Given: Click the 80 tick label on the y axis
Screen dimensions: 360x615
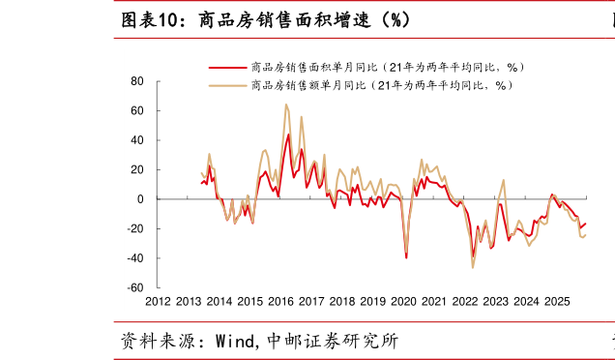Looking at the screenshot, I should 137,81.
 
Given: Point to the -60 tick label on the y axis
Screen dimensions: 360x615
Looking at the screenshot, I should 134,288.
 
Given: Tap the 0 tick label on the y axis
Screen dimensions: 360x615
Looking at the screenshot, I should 141,199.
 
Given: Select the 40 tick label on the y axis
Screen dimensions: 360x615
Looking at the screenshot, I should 137,140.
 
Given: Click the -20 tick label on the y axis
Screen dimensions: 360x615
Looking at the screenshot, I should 134,229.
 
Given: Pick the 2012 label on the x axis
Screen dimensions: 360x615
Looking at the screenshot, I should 158,302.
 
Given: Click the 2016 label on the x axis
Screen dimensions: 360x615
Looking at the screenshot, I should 280,302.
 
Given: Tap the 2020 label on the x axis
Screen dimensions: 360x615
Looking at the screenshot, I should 403,302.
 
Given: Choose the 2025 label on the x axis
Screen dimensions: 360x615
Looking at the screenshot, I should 557,302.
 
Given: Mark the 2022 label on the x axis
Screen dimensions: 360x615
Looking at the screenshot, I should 465,302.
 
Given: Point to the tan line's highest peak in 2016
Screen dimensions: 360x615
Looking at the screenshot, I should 285,105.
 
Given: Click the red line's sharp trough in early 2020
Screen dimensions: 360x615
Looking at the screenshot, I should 406,257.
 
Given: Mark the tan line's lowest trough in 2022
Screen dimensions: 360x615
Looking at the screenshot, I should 473,267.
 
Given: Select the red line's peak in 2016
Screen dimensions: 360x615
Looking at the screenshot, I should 288,135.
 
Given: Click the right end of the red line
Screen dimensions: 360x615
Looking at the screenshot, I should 585,224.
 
